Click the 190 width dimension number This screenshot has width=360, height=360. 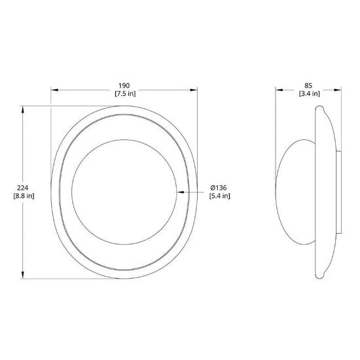(124, 86)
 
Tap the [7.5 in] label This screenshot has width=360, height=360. (125, 94)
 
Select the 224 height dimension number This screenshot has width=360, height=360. (23, 188)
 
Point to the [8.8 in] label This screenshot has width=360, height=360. (24, 196)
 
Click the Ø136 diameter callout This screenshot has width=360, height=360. (219, 188)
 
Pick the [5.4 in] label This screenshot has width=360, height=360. (219, 196)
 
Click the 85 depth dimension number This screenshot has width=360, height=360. (308, 86)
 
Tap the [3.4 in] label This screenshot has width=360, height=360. (309, 94)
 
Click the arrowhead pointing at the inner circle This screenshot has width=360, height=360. (181, 192)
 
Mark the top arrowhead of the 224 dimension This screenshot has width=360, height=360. (22, 109)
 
